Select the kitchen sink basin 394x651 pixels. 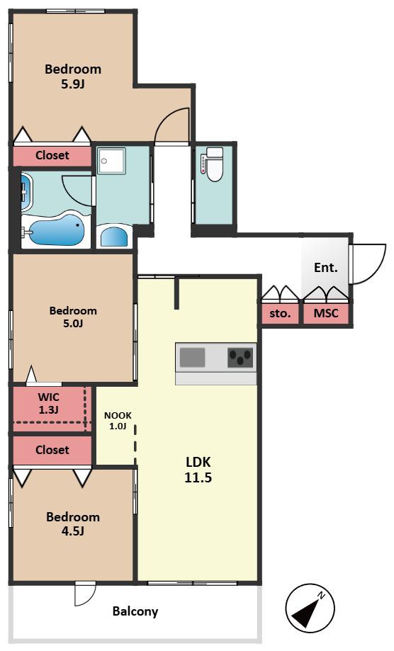(x=192, y=358)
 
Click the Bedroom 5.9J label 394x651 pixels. (x=73, y=77)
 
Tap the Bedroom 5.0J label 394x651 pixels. (x=73, y=317)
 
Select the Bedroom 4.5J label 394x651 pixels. (x=73, y=523)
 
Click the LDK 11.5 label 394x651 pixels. (x=198, y=470)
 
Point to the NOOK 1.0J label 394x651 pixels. (x=118, y=421)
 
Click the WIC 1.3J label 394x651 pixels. (x=49, y=403)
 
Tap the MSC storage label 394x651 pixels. (x=326, y=313)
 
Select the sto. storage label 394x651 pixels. (x=280, y=314)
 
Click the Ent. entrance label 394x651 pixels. (x=326, y=268)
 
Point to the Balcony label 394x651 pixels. (x=135, y=611)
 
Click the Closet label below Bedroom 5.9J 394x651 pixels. (x=52, y=155)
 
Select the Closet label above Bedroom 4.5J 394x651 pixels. (x=52, y=450)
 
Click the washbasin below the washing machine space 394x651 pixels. (x=115, y=237)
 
